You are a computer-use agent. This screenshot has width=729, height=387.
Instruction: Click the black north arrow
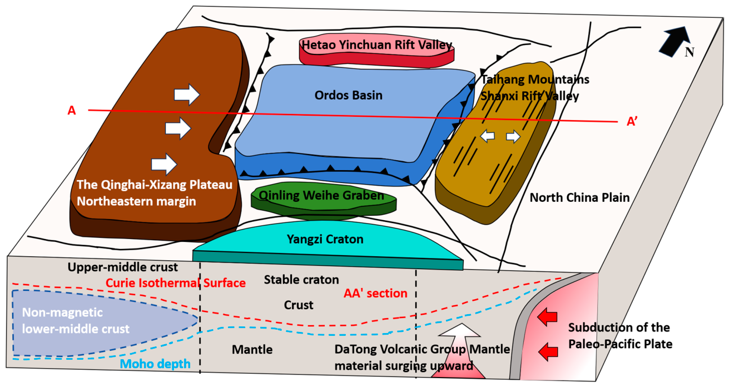pyautogui.click(x=675, y=41)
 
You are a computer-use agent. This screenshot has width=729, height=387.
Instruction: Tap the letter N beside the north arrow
pyautogui.click(x=690, y=52)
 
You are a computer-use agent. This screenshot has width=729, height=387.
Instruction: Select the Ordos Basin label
pyautogui.click(x=348, y=96)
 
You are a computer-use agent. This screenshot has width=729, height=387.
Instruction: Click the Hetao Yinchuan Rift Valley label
pyautogui.click(x=377, y=45)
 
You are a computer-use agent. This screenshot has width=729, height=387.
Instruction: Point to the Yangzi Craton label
pyautogui.click(x=325, y=239)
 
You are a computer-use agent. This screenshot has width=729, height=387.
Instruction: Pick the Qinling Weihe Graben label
pyautogui.click(x=321, y=195)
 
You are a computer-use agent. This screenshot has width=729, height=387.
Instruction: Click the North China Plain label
pyautogui.click(x=579, y=197)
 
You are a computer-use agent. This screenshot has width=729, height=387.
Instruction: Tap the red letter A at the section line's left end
pyautogui.click(x=72, y=111)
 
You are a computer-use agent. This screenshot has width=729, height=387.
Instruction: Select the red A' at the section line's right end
pyautogui.click(x=632, y=122)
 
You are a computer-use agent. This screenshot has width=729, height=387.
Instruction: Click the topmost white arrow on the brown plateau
pyautogui.click(x=187, y=95)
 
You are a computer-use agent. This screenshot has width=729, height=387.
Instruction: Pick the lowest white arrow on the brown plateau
pyautogui.click(x=164, y=164)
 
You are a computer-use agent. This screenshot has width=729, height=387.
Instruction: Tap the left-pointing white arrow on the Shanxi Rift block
pyautogui.click(x=488, y=136)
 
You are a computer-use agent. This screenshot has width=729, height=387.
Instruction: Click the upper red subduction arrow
pyautogui.click(x=547, y=317)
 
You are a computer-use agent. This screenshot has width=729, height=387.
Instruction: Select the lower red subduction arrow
pyautogui.click(x=548, y=352)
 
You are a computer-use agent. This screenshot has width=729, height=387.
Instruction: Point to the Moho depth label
pyautogui.click(x=155, y=364)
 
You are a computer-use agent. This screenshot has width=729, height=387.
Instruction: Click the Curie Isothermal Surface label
pyautogui.click(x=176, y=283)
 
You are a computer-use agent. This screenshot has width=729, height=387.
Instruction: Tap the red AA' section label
pyautogui.click(x=375, y=293)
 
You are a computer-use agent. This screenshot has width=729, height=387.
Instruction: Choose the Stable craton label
pyautogui.click(x=301, y=280)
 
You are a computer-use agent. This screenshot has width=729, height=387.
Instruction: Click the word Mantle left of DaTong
pyautogui.click(x=252, y=350)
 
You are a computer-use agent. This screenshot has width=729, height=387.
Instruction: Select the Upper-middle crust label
pyautogui.click(x=123, y=267)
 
